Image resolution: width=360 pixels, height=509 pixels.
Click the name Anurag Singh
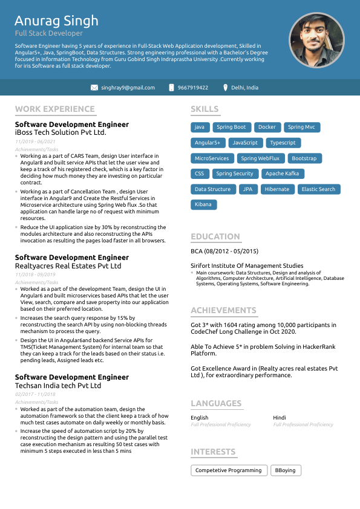56,21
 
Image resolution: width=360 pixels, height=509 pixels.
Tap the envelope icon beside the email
94,88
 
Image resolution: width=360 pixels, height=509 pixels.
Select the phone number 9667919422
193,88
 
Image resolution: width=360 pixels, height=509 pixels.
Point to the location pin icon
225,88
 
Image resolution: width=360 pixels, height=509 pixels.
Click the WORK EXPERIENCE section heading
55,109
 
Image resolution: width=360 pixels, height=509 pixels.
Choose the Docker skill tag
267,128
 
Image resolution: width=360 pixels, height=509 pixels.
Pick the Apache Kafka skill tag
282,174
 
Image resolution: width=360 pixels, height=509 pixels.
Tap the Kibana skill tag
203,204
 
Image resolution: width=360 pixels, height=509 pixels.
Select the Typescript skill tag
283,143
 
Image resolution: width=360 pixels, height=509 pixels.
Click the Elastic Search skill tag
318,189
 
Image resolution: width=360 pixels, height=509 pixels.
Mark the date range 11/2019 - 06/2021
35,141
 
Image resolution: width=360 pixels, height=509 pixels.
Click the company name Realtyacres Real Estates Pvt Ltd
68,266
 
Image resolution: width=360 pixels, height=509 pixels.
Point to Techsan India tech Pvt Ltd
57,386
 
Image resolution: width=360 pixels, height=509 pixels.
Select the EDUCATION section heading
215,237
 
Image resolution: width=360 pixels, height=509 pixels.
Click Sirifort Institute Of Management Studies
247,265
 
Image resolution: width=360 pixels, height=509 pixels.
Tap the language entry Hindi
280,418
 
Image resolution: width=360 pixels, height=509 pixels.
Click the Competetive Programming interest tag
229,470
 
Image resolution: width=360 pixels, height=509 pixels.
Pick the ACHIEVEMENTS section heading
224,311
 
